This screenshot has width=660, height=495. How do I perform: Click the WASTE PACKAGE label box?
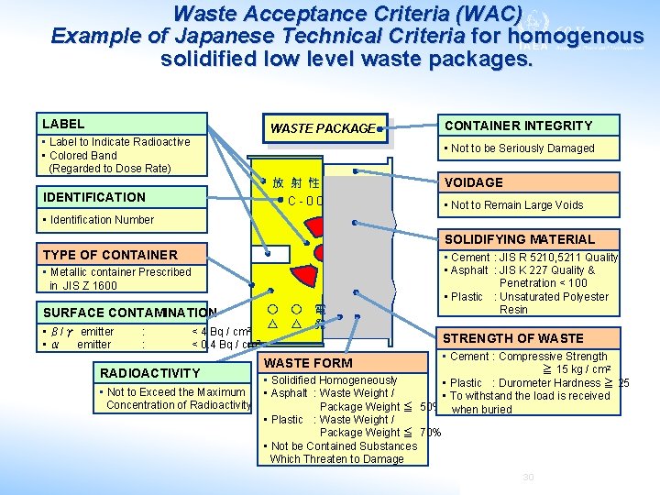(322, 128)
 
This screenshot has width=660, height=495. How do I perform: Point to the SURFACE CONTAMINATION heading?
(129, 313)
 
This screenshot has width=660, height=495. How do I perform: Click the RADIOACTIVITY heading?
(149, 373)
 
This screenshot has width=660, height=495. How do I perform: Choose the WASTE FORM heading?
(308, 363)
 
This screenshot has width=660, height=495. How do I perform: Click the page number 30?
(527, 478)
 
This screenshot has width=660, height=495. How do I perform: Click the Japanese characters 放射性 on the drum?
(295, 182)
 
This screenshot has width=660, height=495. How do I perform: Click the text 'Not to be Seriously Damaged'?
(522, 148)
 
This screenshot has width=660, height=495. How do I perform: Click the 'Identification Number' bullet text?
(102, 220)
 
